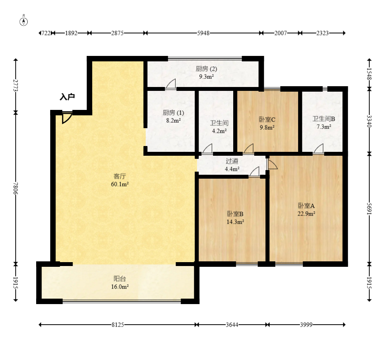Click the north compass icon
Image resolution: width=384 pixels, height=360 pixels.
point(23,21)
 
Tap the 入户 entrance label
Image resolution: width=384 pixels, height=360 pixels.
point(67,97)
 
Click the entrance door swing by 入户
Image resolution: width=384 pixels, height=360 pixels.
point(67,117)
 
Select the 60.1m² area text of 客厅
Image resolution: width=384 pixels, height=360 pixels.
point(120,184)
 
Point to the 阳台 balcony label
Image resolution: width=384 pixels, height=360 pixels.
point(120,278)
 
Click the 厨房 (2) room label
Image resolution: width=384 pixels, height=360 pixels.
point(206,69)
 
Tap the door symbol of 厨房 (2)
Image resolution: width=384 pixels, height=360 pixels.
point(171,84)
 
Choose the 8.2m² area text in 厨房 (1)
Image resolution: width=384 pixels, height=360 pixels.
point(173,120)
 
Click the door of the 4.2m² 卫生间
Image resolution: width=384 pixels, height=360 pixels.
point(208,149)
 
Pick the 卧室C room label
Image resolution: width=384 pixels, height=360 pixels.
point(267,120)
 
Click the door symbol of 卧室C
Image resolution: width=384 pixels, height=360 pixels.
point(248,149)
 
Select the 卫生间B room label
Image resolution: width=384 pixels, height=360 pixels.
point(324,119)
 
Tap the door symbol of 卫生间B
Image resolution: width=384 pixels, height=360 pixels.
point(318,149)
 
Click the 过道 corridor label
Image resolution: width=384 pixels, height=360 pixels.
point(232,161)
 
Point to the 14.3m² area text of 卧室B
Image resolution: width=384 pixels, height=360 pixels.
point(235,222)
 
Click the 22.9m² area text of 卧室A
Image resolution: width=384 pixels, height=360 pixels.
point(306,214)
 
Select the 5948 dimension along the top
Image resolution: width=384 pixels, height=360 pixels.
point(203,33)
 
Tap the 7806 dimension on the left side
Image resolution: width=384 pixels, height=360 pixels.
point(16,188)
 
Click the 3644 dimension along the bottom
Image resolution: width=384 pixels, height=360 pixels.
point(232,325)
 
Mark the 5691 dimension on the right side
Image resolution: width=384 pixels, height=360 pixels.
point(369,209)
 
